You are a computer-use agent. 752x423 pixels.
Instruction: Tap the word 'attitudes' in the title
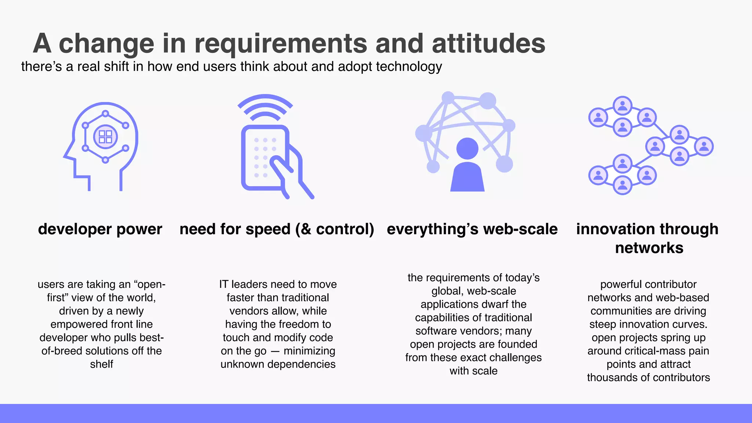point(488,43)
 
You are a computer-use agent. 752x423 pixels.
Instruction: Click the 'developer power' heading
point(100,229)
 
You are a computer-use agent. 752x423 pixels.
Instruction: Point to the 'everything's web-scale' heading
point(472,229)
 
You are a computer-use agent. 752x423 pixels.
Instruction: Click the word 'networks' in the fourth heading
point(649,248)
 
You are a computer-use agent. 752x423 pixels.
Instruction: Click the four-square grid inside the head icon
point(105,137)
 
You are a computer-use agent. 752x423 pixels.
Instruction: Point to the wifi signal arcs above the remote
point(265,107)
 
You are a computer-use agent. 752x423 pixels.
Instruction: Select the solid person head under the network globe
point(467,149)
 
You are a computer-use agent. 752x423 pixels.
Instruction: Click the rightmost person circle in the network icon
point(704,146)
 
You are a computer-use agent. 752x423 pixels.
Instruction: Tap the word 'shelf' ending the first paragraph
point(101,364)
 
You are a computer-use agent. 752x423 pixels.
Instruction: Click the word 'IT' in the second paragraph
point(224,285)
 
